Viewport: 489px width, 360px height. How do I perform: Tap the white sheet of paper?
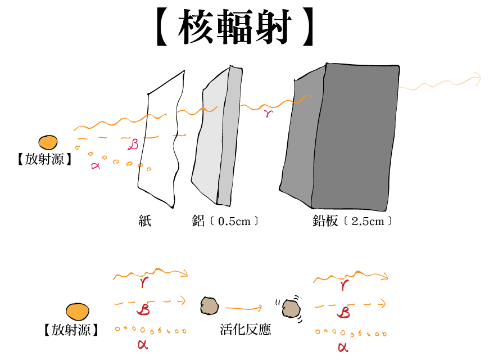pos(160,141)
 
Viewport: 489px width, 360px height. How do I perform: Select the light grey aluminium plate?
pos(211,141)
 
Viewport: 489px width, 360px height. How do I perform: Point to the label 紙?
pos(145,220)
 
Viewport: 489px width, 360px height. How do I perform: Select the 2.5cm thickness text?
pos(368,221)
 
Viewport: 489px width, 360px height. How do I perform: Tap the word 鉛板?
pos(325,220)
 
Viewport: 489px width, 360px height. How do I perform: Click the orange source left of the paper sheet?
pos(48,143)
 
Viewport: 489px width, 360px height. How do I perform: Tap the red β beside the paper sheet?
pos(133,145)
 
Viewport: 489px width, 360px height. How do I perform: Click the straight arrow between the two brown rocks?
pos(244,308)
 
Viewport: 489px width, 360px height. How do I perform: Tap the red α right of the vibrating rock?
pos(343,347)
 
